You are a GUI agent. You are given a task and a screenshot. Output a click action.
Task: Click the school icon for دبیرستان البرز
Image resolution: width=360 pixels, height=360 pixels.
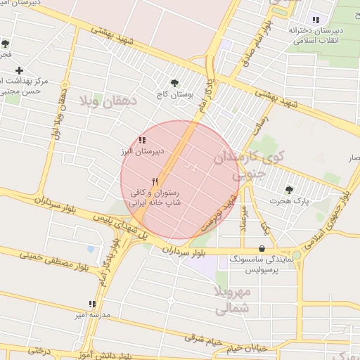coord(143,140)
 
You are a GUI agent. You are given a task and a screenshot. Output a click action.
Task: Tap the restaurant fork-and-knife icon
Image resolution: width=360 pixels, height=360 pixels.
coord(155,181)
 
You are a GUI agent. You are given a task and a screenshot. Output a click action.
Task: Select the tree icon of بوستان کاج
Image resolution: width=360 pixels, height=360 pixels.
coord(175,82)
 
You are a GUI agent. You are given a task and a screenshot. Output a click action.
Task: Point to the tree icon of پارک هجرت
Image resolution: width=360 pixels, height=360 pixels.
coord(289,190)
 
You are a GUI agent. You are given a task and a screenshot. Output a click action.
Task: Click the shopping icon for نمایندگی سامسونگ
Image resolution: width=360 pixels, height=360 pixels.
coord(262,248)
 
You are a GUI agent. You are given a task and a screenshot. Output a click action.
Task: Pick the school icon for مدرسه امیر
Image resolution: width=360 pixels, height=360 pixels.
coord(92,304)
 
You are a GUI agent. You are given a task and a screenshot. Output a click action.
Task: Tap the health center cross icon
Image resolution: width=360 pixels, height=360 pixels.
coord(19,70)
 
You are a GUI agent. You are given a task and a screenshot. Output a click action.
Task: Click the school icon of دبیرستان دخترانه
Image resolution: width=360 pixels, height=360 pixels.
coord(316,20)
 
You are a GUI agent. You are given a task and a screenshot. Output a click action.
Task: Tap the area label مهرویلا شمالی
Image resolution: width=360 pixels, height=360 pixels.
coord(231,299)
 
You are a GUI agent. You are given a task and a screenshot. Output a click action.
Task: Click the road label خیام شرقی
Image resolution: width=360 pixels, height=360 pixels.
coord(203,340)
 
